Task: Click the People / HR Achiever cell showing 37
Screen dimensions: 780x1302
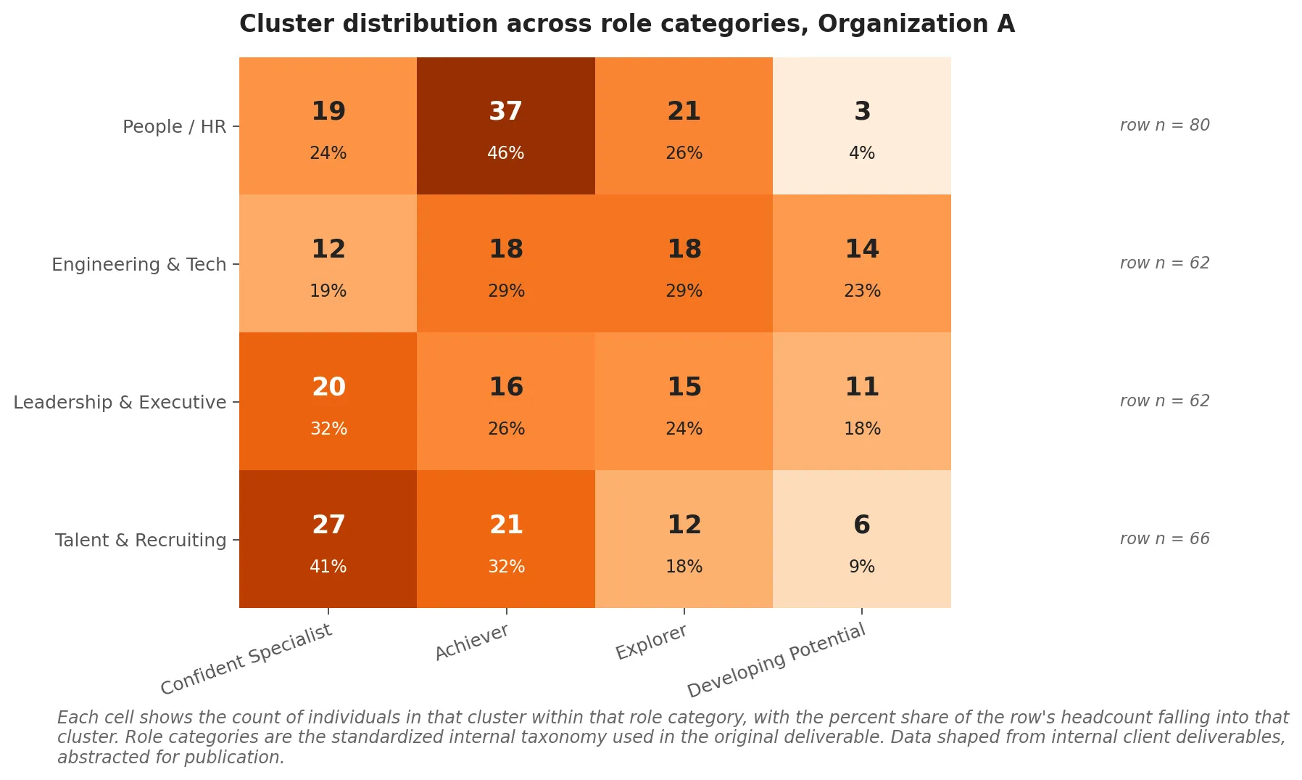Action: click(x=505, y=126)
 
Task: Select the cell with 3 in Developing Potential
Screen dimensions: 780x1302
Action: click(x=861, y=126)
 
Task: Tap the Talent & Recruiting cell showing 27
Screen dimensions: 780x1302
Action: click(x=328, y=539)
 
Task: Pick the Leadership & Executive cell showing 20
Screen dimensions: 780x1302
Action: click(x=328, y=401)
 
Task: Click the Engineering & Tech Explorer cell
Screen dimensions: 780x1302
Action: click(x=684, y=263)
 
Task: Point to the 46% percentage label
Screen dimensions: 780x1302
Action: click(x=505, y=153)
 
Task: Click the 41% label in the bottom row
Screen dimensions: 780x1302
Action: click(x=328, y=567)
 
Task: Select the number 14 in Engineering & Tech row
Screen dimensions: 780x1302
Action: click(x=861, y=249)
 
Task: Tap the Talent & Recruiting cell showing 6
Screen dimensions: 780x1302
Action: click(x=861, y=539)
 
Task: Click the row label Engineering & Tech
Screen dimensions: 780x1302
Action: click(x=138, y=264)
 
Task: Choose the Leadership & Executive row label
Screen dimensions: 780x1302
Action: click(x=120, y=402)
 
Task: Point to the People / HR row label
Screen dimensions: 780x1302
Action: click(x=174, y=126)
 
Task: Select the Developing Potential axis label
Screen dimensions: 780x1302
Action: click(x=776, y=660)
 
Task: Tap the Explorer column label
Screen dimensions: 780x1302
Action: click(x=651, y=642)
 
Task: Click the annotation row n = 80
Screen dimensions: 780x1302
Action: click(x=1164, y=125)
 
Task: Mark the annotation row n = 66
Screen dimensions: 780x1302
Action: click(x=1164, y=538)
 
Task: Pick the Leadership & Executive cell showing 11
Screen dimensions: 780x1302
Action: click(x=861, y=401)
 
